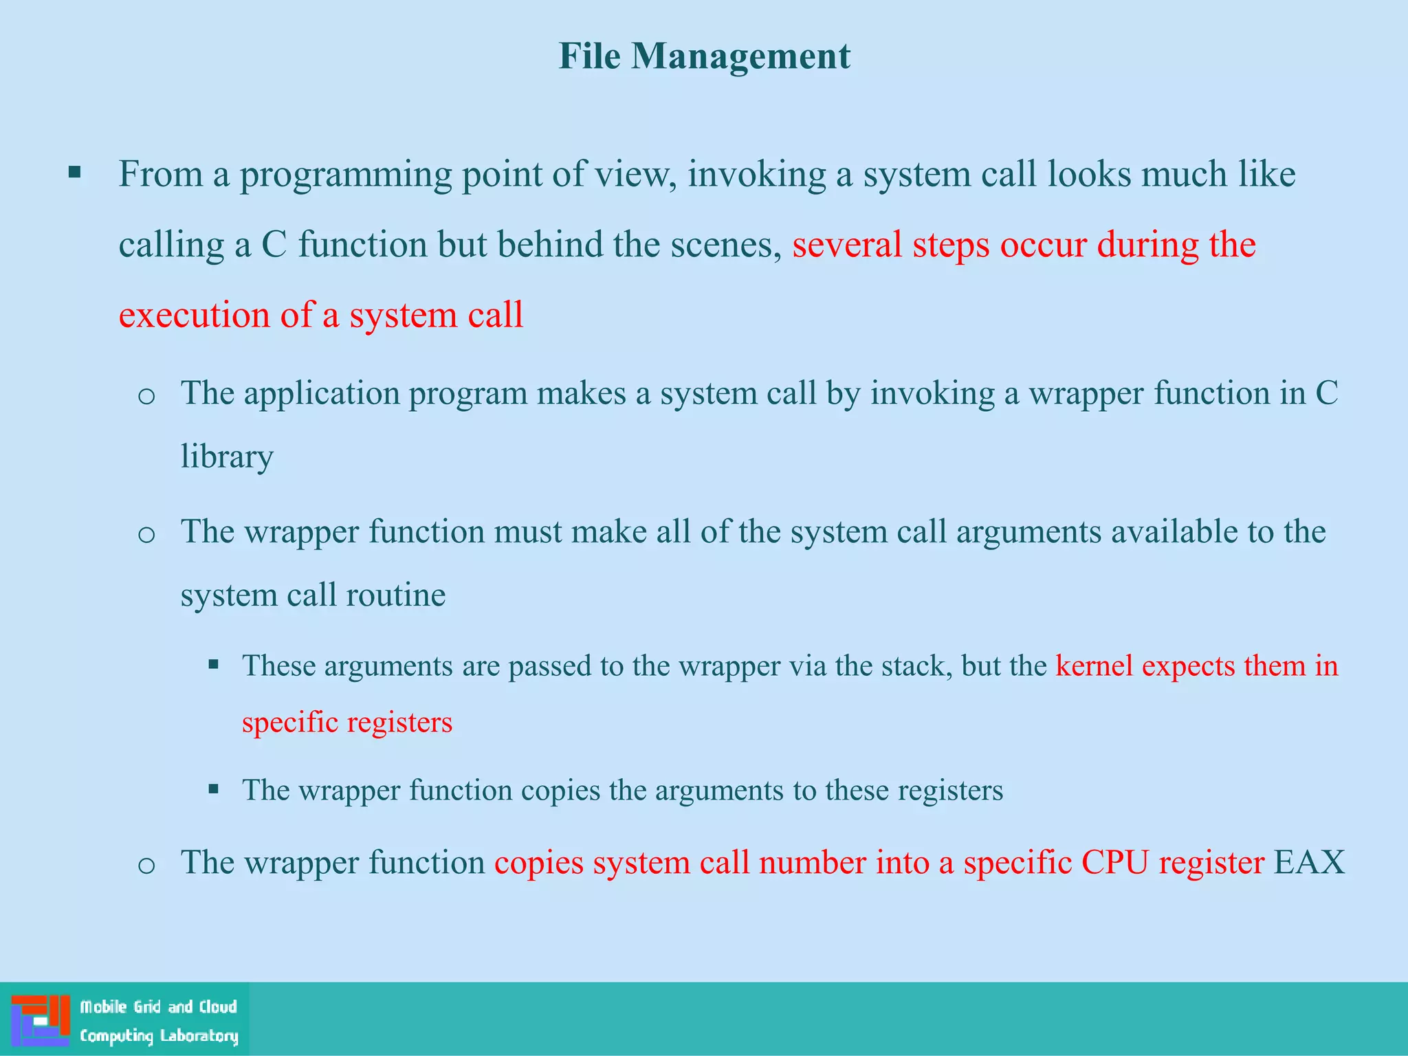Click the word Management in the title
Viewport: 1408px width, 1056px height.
coord(740,57)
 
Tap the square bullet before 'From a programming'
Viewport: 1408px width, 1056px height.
coord(75,172)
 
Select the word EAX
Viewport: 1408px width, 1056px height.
coord(1309,862)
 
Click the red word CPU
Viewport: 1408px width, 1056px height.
coord(1114,862)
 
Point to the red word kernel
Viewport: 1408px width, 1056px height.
coord(1094,665)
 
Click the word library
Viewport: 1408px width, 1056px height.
coord(227,456)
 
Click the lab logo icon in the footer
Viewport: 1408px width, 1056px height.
coord(41,1020)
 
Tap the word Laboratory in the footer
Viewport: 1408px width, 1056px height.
coord(199,1035)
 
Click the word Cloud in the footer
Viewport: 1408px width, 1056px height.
coord(217,1006)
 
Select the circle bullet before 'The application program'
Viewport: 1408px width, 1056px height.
coord(146,396)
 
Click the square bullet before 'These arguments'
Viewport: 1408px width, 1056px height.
coord(214,665)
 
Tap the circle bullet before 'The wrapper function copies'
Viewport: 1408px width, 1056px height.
coord(146,865)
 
